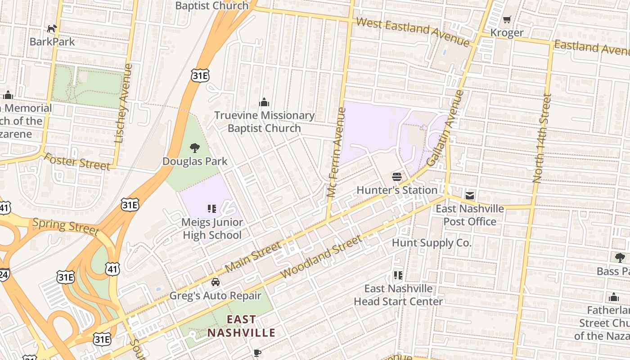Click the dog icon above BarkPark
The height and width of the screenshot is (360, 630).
(x=52, y=29)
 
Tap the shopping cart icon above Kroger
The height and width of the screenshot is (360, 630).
(x=507, y=20)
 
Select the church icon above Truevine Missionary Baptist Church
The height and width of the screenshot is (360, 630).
(x=264, y=103)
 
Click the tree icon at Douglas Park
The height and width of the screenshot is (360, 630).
(x=195, y=148)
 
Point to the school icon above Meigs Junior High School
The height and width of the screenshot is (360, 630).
(x=212, y=208)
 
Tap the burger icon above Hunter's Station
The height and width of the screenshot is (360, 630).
(x=396, y=177)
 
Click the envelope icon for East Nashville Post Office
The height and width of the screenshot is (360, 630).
(x=470, y=196)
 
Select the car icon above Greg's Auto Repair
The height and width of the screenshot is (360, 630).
(x=216, y=282)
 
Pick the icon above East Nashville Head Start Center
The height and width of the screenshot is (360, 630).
(x=398, y=275)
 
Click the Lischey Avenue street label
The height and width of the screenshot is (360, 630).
(x=124, y=103)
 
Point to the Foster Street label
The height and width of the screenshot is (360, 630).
(x=77, y=162)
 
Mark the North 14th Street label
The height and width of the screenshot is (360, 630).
(x=542, y=138)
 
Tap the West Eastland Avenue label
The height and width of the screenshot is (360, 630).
(x=413, y=31)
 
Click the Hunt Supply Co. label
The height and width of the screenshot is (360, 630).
(x=432, y=243)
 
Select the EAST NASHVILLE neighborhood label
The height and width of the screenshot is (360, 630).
(x=241, y=326)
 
